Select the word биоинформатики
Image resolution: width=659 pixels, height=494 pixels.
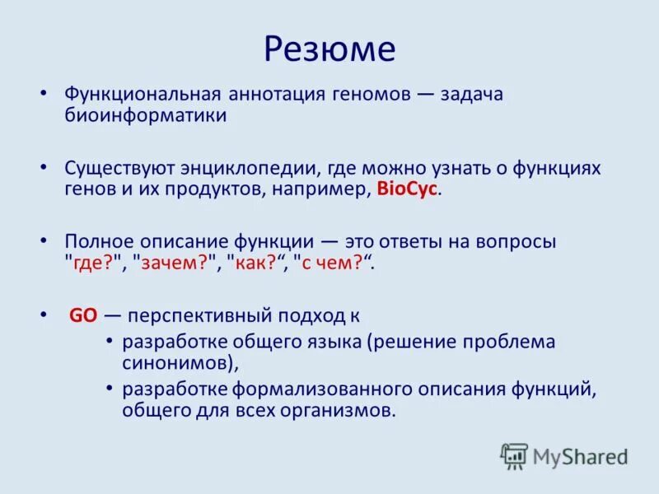(146, 115)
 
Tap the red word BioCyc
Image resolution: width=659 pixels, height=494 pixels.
(408, 189)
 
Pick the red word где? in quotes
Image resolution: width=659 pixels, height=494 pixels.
(96, 263)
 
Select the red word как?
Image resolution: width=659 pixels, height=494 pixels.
(259, 263)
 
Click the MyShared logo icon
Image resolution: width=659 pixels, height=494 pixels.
(514, 455)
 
